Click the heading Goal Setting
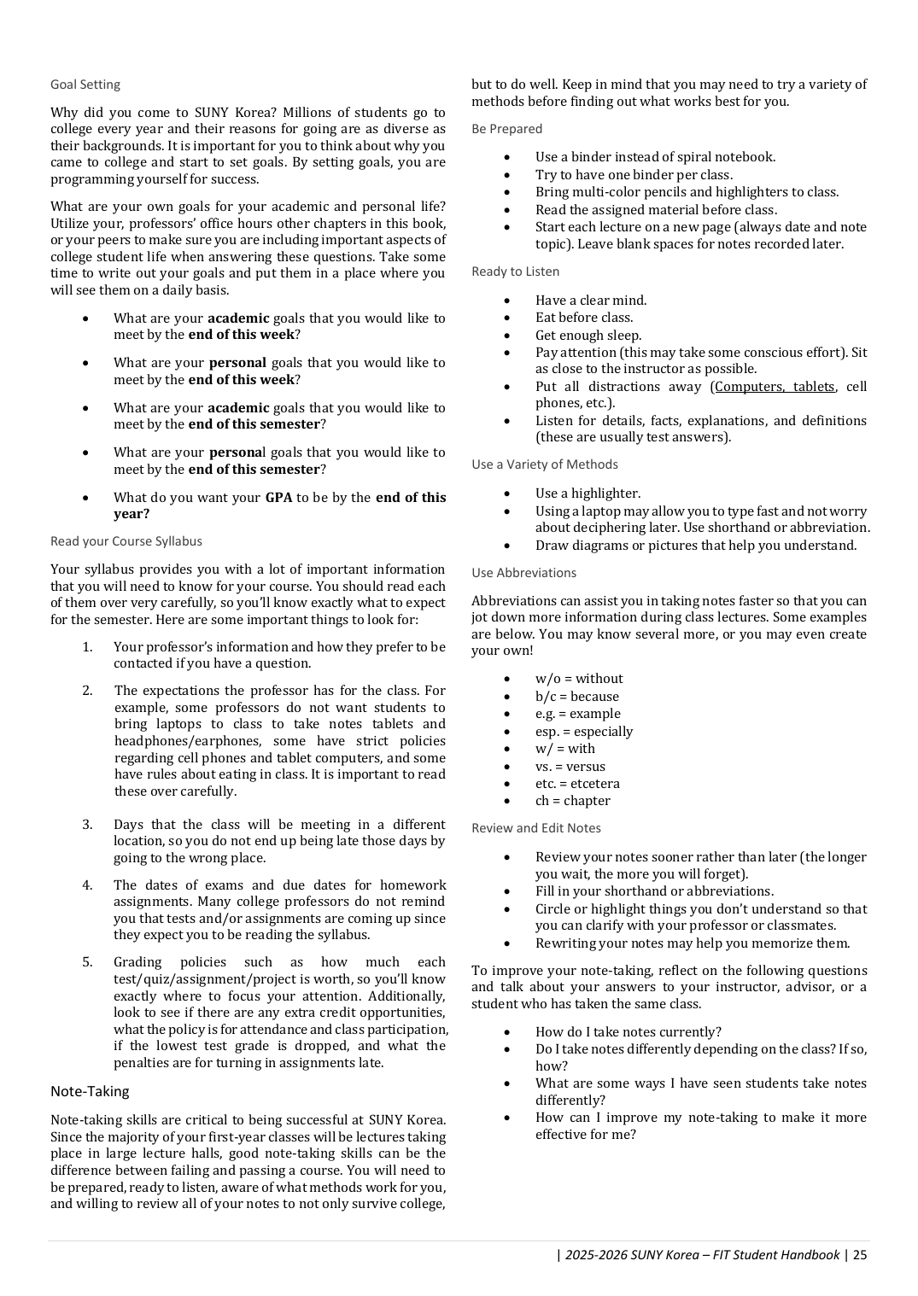click(85, 85)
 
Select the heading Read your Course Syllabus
click(126, 541)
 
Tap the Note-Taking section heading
click(90, 1091)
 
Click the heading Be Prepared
click(506, 129)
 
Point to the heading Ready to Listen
click(515, 271)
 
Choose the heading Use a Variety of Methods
click(544, 464)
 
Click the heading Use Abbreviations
click(523, 573)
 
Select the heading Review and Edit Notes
click(535, 828)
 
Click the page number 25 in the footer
click(859, 1254)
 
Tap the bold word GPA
click(278, 497)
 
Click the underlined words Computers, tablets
click(774, 387)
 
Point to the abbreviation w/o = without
click(579, 679)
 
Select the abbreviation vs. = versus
click(570, 767)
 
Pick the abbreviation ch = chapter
click(572, 801)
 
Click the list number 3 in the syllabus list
click(87, 825)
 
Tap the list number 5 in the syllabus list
click(87, 962)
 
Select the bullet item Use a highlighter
click(588, 493)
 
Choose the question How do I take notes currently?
click(628, 1032)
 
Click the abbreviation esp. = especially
click(583, 732)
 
